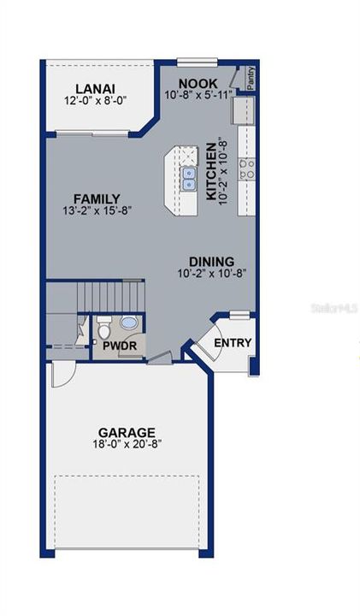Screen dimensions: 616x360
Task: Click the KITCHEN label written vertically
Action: (x=211, y=170)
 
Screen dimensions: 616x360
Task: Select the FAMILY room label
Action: (x=96, y=198)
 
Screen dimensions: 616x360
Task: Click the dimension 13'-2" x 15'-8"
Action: (x=96, y=210)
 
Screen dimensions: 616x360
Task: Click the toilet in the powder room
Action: (x=103, y=326)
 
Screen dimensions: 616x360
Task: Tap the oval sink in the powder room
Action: (x=130, y=323)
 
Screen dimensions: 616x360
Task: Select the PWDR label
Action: (x=117, y=346)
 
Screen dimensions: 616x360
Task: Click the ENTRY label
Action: (x=233, y=343)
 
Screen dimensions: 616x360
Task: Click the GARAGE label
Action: (x=127, y=432)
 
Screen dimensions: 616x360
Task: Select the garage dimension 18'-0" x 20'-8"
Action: (x=127, y=445)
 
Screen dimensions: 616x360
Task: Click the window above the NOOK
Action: (x=198, y=62)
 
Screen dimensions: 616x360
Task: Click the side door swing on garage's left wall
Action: (x=60, y=374)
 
